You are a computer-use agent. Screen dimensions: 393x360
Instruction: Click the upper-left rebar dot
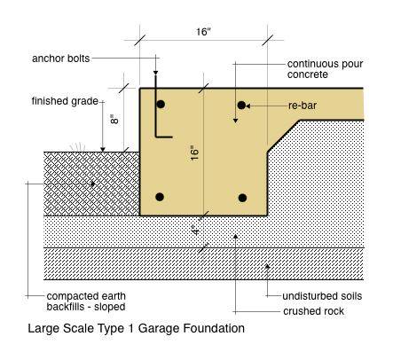(161, 105)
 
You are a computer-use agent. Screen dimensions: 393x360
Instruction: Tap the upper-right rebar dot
(241, 105)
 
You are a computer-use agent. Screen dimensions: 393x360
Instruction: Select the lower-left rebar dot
(160, 197)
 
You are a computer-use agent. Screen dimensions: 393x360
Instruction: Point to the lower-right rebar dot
(242, 198)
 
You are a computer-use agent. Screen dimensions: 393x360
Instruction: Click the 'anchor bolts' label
(60, 59)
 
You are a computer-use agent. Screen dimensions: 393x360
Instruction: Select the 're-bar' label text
(303, 106)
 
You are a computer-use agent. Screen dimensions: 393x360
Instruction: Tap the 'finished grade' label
(65, 101)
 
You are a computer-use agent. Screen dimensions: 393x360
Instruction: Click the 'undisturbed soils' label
(322, 296)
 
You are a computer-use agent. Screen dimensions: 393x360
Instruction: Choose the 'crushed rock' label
(313, 311)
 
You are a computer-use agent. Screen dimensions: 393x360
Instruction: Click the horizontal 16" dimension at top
(203, 32)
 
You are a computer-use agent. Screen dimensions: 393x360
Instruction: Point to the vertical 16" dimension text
(194, 153)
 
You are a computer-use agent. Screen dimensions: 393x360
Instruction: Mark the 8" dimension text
(114, 120)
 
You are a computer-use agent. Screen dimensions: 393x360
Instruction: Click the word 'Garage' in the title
(159, 329)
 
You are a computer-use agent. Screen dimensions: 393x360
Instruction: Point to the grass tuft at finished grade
(77, 147)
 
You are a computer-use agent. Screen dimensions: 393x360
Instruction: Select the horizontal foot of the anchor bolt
(164, 137)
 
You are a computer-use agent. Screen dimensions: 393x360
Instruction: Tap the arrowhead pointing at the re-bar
(248, 106)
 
